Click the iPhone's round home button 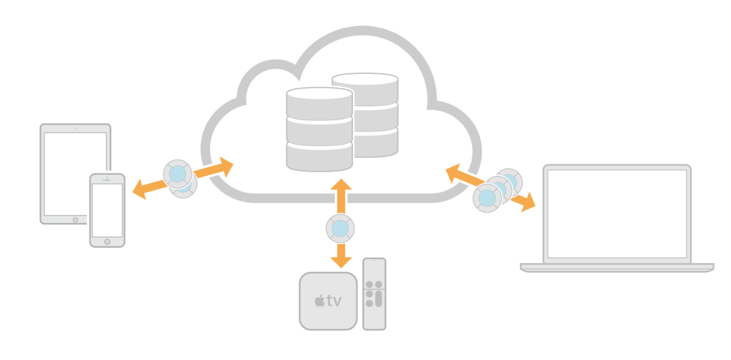click(107, 242)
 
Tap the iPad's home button click(75, 220)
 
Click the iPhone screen click(107, 210)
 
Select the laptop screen click(617, 214)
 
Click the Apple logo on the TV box click(320, 302)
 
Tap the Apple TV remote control click(374, 294)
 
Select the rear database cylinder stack click(375, 115)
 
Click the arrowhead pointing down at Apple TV click(341, 261)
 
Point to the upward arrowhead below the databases click(341, 185)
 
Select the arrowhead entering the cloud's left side click(226, 166)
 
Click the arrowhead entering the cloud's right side click(453, 172)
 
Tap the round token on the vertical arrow click(340, 228)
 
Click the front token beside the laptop click(487, 198)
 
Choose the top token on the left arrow click(178, 174)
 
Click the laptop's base click(617, 267)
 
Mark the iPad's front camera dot click(75, 128)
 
